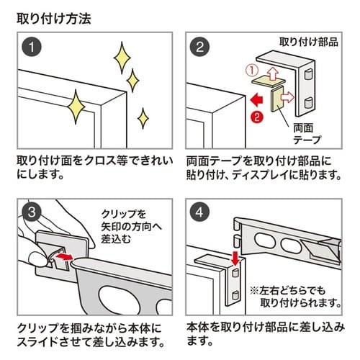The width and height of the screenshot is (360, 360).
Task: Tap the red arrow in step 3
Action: click(64, 255)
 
